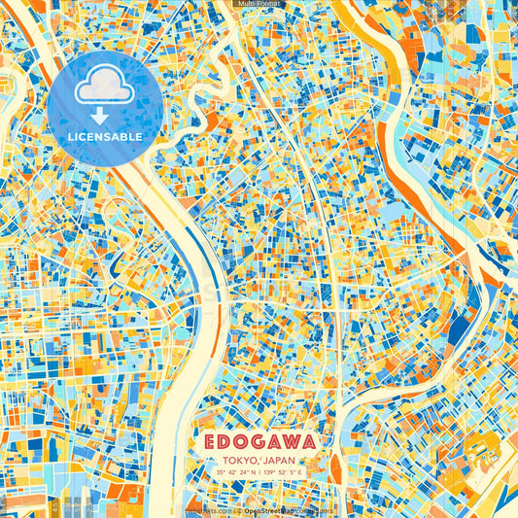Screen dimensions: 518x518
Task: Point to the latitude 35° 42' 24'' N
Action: [236, 473]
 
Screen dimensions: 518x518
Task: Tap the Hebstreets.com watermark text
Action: [204, 509]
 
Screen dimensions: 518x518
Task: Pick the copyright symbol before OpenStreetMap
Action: [238, 509]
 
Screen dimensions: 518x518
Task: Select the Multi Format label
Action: [259, 5]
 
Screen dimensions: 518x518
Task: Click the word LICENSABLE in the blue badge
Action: [105, 137]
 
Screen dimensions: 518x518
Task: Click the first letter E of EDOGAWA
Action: [212, 441]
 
